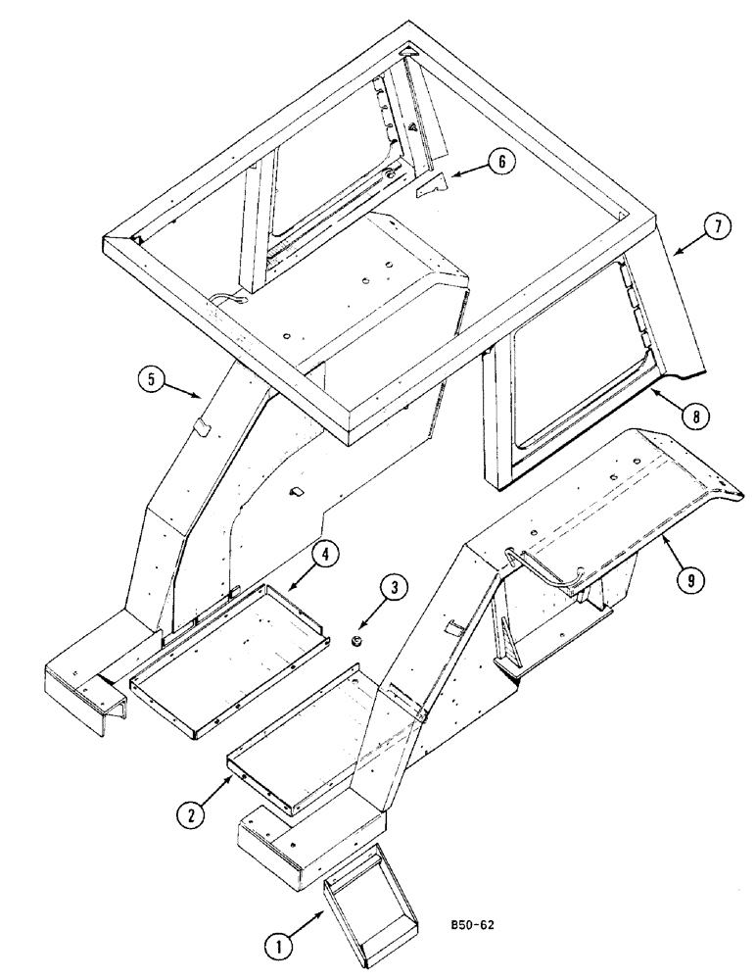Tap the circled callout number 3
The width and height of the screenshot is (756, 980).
(x=393, y=590)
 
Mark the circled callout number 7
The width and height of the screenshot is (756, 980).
(x=717, y=227)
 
